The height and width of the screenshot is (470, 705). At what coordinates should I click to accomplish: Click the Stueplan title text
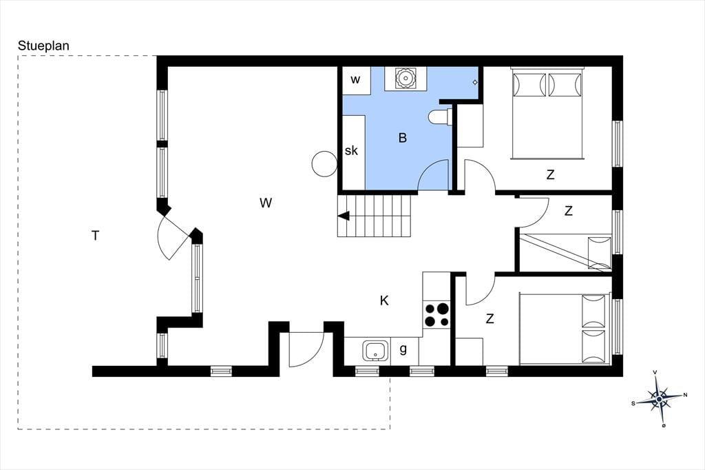click(43, 46)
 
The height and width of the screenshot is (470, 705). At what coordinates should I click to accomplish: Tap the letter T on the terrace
click(95, 236)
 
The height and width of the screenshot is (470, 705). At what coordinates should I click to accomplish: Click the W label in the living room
click(266, 203)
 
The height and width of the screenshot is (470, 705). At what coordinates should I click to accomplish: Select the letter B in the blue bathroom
click(402, 138)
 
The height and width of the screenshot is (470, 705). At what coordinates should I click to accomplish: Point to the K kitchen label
click(384, 300)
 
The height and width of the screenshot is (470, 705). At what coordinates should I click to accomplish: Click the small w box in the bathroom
click(356, 80)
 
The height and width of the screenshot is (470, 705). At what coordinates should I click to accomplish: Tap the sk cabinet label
click(351, 150)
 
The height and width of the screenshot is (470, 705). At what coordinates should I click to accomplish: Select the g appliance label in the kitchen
click(403, 349)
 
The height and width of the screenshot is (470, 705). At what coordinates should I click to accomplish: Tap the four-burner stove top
click(436, 315)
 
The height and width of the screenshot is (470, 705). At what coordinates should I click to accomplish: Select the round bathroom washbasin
click(406, 79)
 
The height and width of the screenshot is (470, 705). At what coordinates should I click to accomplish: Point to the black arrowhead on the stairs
click(344, 216)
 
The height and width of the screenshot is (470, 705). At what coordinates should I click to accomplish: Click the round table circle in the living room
click(324, 164)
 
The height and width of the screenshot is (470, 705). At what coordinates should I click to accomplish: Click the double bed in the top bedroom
click(547, 113)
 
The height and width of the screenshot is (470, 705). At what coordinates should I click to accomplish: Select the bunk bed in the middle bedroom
click(566, 252)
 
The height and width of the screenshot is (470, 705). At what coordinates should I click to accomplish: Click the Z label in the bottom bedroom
click(490, 319)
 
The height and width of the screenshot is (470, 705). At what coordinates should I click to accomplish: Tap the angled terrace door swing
click(169, 239)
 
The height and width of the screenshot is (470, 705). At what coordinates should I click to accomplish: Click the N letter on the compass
click(685, 396)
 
